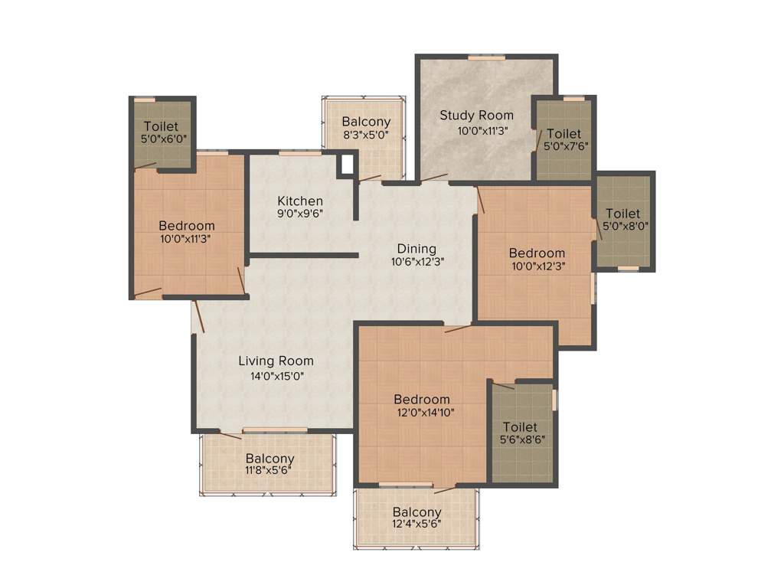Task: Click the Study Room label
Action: tap(476, 116)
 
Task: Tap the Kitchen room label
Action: tap(300, 201)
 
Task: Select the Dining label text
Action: tap(416, 249)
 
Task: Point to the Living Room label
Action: tap(276, 361)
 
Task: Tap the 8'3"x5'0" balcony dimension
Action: tap(366, 135)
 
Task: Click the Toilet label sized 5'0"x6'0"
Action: tap(161, 126)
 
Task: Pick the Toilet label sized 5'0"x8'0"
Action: tap(623, 214)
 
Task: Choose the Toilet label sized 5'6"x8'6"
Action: tap(520, 426)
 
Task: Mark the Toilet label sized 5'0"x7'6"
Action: tap(563, 133)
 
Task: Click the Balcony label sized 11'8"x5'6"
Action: tap(269, 459)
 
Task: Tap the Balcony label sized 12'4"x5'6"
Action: tap(417, 512)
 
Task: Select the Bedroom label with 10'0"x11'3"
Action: tap(187, 226)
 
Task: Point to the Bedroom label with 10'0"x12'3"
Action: tap(537, 253)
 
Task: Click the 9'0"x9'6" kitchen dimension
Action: tap(300, 214)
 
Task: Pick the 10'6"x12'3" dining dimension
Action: tap(417, 261)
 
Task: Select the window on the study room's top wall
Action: tap(482, 57)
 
